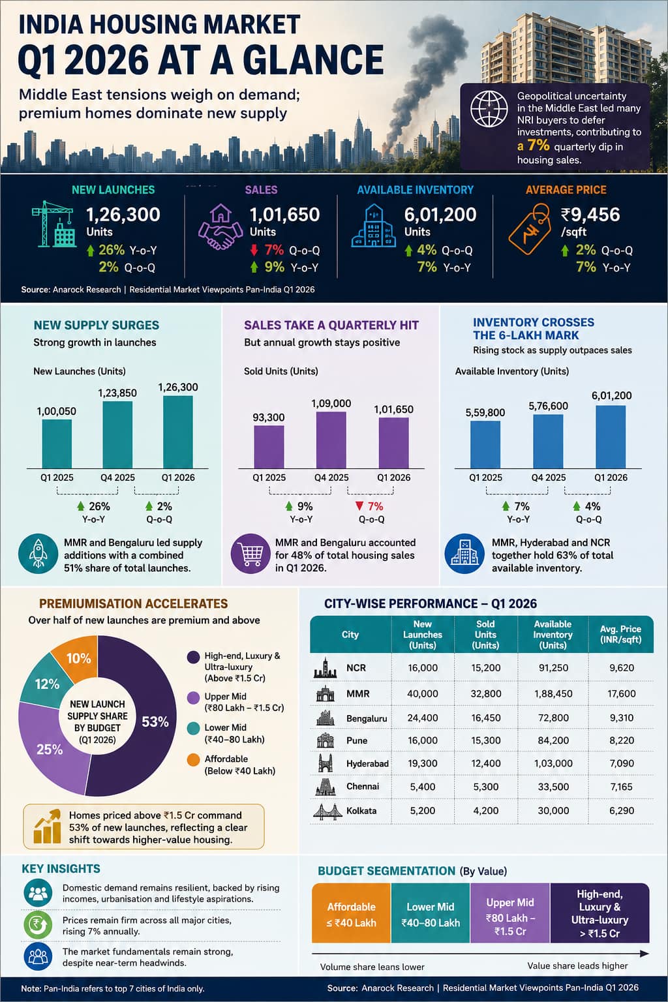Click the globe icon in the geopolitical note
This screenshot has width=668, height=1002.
(x=489, y=109)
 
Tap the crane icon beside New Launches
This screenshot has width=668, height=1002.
(x=53, y=224)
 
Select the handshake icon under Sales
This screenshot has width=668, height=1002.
(x=217, y=227)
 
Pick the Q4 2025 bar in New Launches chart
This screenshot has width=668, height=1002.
(x=117, y=434)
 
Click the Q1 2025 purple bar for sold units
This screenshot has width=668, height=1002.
(x=269, y=447)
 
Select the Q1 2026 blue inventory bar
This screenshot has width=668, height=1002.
(x=611, y=436)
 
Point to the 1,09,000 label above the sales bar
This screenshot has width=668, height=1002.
(x=331, y=404)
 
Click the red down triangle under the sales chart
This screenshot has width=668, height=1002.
(x=359, y=506)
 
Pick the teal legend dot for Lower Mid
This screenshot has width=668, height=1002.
(x=193, y=728)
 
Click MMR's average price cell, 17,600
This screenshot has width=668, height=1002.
(x=622, y=694)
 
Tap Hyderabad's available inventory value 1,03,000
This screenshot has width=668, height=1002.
(x=553, y=764)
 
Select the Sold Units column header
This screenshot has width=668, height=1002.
(x=485, y=634)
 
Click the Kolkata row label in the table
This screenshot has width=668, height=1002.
(x=361, y=811)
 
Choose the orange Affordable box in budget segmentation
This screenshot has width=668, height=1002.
(x=351, y=913)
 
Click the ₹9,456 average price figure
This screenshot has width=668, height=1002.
(x=590, y=215)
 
